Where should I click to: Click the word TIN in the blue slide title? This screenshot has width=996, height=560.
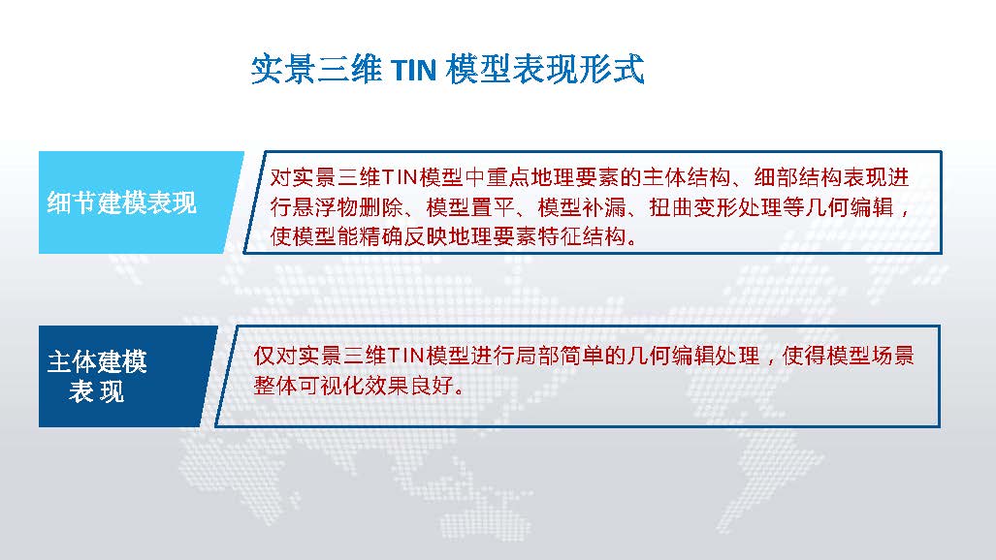point(413,70)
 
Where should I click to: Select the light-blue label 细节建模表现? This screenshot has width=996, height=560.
point(122,203)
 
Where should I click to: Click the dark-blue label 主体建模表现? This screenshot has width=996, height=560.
point(97,377)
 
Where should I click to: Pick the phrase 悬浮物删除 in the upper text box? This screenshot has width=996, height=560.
point(348,207)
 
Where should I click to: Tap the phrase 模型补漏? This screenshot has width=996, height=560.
point(581,207)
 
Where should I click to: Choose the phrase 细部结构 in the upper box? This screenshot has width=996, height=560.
point(798,177)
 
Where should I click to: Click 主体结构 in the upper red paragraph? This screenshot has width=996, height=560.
point(687,177)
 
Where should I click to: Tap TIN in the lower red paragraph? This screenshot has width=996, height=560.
point(405,356)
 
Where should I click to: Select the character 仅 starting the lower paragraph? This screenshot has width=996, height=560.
point(264,356)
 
